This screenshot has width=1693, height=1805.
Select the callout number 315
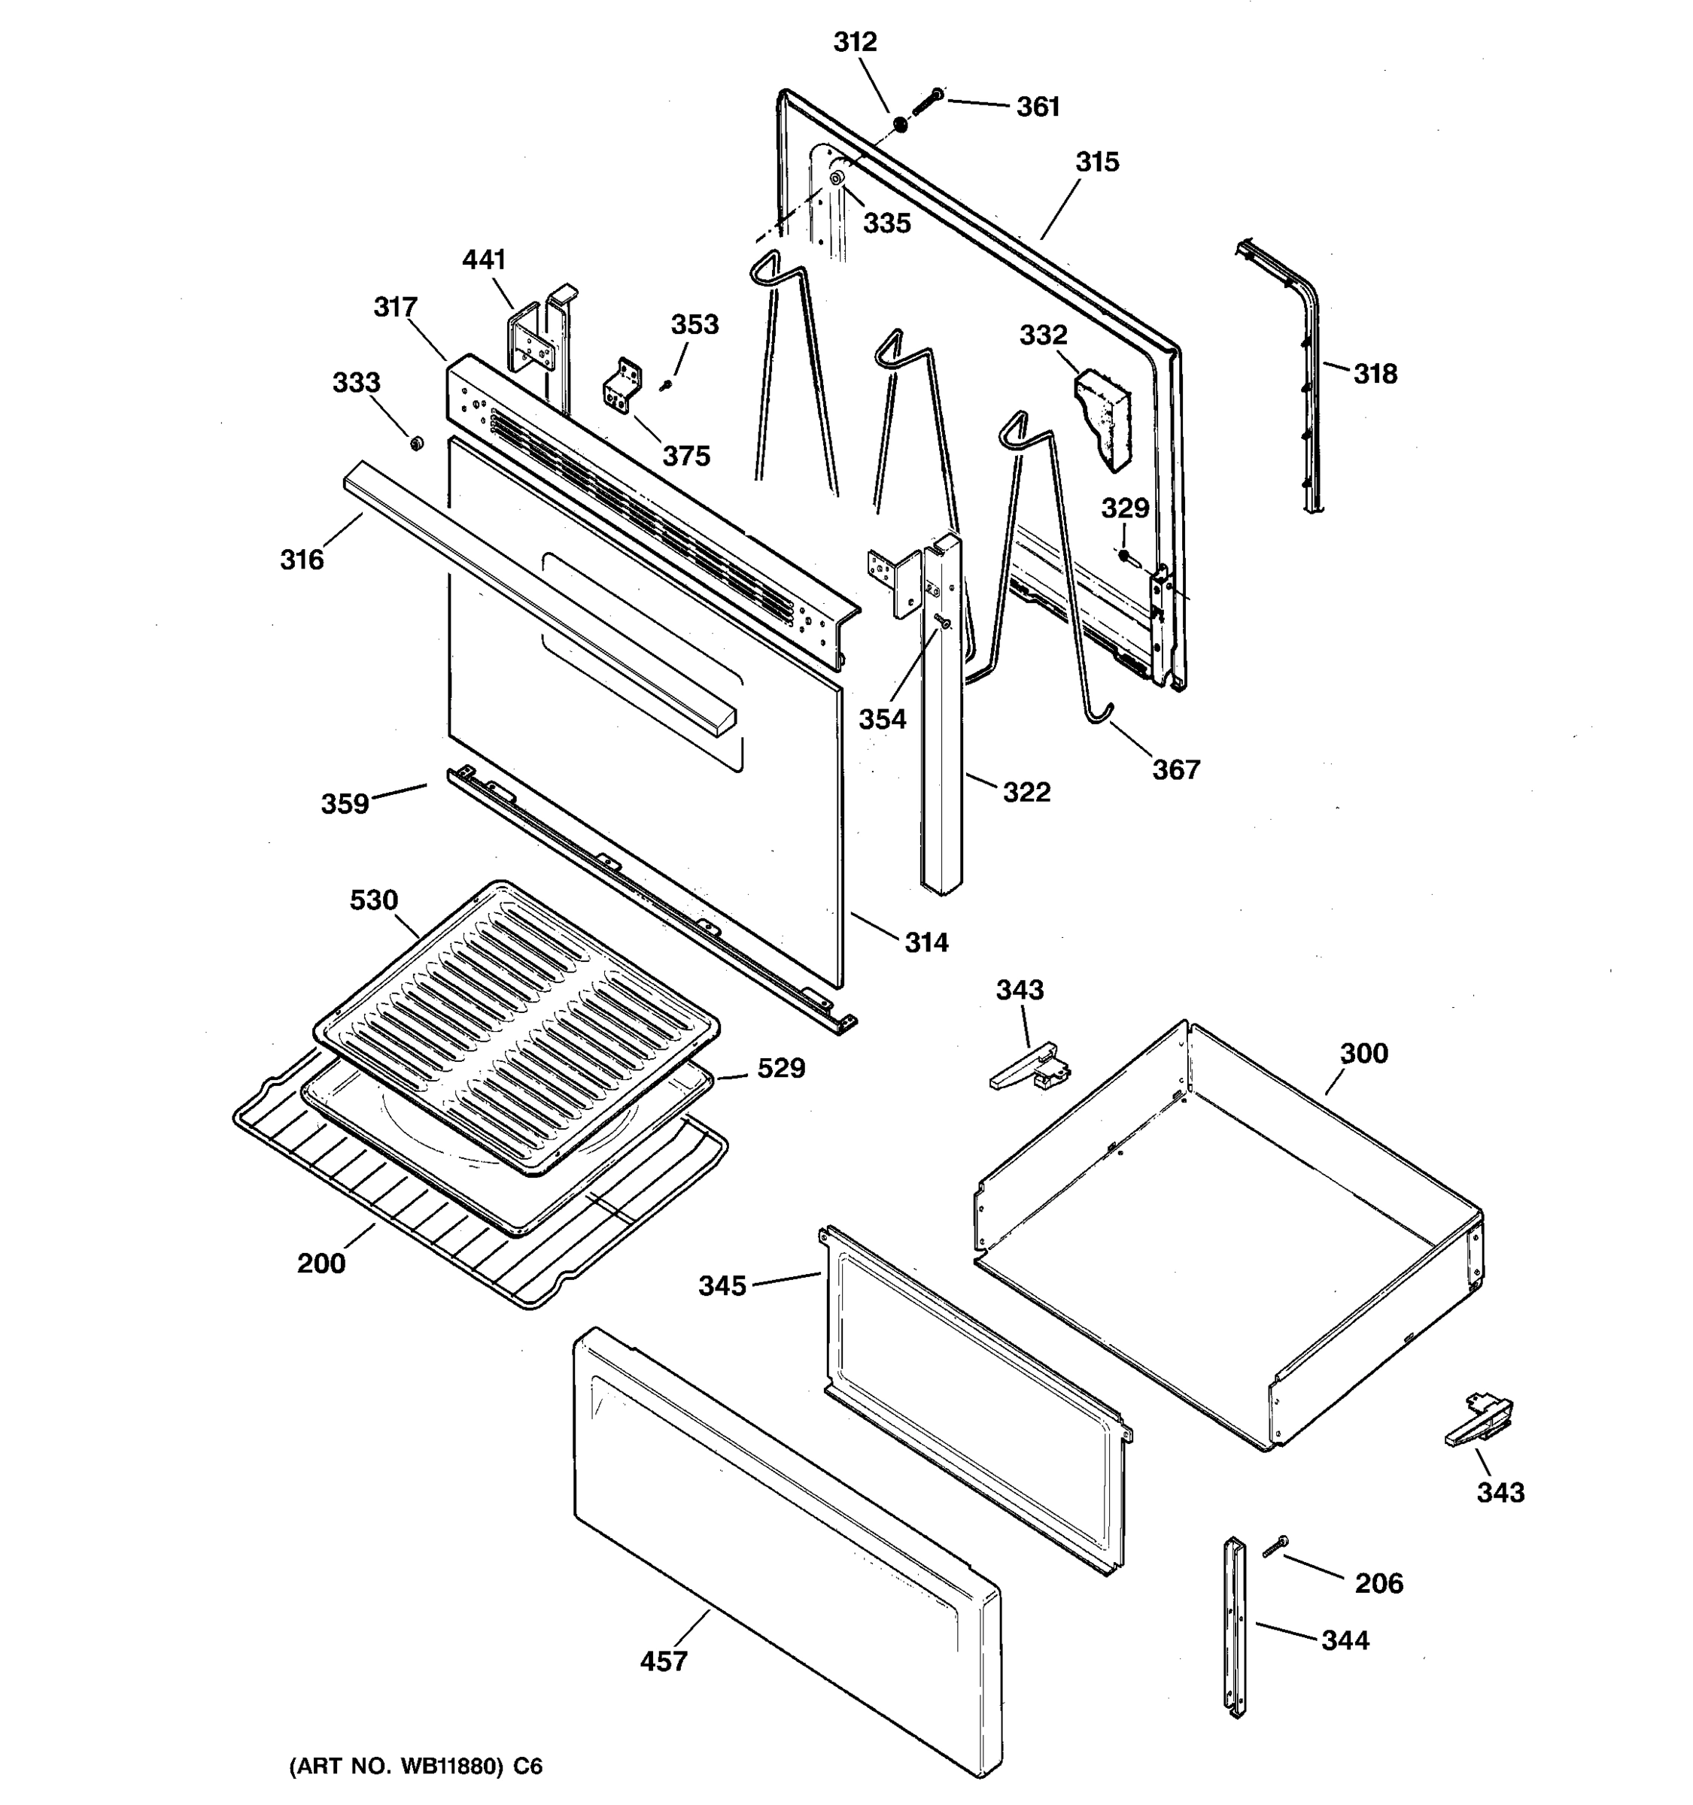tap(1097, 162)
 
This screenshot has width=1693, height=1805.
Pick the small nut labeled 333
tap(415, 443)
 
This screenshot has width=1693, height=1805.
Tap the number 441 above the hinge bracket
tap(483, 260)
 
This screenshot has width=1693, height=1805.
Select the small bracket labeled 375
tap(622, 386)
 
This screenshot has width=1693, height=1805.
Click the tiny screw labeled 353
tap(666, 386)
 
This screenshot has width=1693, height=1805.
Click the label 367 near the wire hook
tap(1175, 770)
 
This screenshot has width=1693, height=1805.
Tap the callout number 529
tap(780, 1069)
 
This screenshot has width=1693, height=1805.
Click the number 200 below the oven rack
tap(321, 1263)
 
